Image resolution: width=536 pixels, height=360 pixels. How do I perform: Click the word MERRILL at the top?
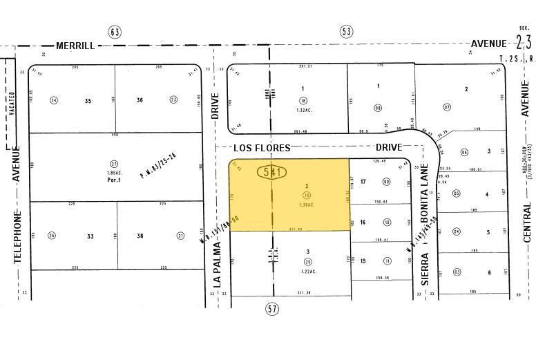(x=76, y=45)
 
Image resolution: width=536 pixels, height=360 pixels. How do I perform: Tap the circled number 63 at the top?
(x=115, y=31)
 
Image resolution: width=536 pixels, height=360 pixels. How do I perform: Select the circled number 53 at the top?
(x=346, y=31)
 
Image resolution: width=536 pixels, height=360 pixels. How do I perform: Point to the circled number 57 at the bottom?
(x=272, y=309)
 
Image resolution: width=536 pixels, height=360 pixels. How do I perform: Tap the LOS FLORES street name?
(x=262, y=148)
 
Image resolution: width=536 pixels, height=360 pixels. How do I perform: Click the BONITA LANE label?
(x=425, y=200)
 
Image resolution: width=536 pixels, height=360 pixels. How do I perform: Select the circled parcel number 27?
(x=115, y=144)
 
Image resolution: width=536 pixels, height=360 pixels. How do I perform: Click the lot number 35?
(x=88, y=101)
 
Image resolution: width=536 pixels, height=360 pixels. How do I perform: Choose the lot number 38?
(x=140, y=236)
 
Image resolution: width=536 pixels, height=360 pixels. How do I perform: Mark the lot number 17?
(x=363, y=182)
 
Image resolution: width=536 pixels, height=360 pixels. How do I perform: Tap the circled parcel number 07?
(x=447, y=107)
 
